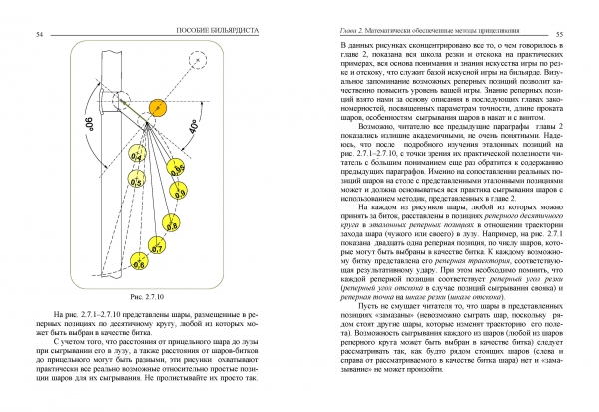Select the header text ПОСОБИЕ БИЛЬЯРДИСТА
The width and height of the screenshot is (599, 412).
tap(140, 34)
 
